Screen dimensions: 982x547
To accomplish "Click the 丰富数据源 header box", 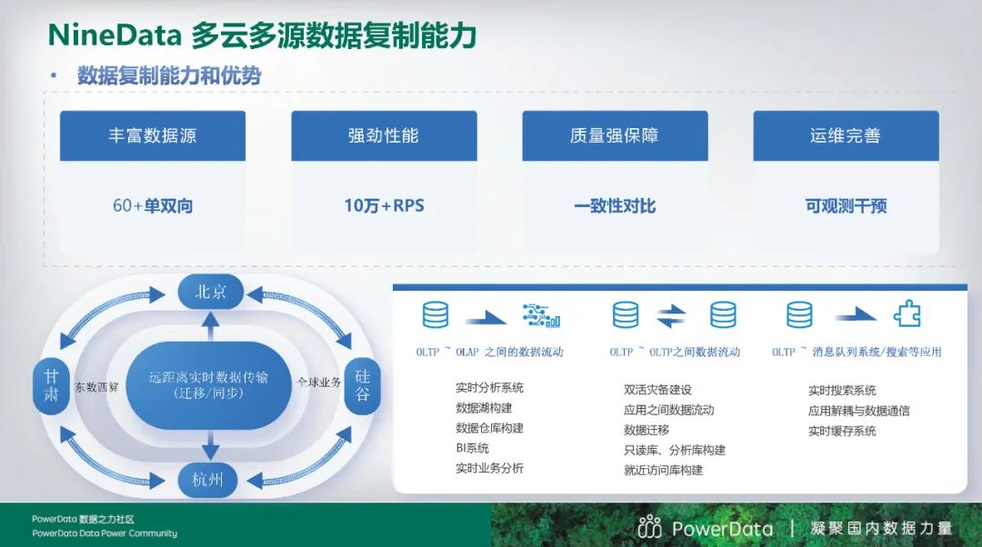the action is [152, 135].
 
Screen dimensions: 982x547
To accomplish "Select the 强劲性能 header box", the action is [384, 135].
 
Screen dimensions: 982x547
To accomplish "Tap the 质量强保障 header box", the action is [615, 135].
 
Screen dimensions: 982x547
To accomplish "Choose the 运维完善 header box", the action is [847, 135].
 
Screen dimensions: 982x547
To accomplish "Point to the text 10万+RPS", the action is [384, 205].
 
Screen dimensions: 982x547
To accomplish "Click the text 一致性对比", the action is [615, 206].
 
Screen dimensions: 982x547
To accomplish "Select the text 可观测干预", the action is [847, 206].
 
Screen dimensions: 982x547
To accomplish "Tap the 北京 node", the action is [210, 292].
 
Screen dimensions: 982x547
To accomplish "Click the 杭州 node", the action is [208, 480].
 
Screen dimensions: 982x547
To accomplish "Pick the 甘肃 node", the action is [51, 385].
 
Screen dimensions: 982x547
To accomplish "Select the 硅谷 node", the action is [363, 385].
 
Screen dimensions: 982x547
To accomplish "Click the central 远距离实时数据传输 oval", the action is [208, 385].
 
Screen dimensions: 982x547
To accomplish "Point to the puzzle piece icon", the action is [907, 314].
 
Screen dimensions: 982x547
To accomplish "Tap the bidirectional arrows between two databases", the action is [671, 316].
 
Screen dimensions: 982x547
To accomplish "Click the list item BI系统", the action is [472, 448].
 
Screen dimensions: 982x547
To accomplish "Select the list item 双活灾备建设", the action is [657, 390].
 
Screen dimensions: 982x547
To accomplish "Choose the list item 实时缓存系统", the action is [842, 431].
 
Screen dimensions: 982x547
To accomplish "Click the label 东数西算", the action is [96, 387].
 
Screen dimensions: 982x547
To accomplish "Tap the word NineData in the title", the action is [115, 35].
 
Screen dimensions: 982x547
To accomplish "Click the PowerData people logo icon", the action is [649, 527].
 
